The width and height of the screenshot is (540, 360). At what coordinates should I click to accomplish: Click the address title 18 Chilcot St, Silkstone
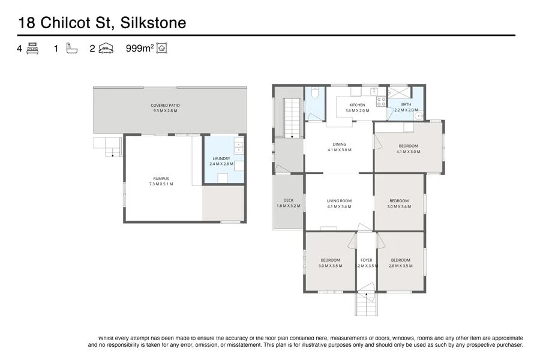pyautogui.click(x=102, y=23)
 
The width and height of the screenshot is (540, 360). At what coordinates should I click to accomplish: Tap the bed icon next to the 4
pyautogui.click(x=32, y=49)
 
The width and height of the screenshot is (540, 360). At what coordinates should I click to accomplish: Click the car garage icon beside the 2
pyautogui.click(x=106, y=49)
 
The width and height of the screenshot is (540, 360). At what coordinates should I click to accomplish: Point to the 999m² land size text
pyautogui.click(x=140, y=49)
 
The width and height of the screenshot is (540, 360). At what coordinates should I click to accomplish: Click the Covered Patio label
pyautogui.click(x=165, y=106)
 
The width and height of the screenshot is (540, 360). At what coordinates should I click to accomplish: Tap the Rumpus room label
pyautogui.click(x=161, y=178)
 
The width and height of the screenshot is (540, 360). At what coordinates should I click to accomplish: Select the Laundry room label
pyautogui.click(x=221, y=158)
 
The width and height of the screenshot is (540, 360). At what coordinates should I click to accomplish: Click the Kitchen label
pyautogui.click(x=357, y=105)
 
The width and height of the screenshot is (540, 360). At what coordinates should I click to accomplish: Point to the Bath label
pyautogui.click(x=406, y=105)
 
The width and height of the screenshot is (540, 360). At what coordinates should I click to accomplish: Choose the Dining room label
pyautogui.click(x=340, y=144)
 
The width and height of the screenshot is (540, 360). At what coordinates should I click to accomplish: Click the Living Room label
pyautogui.click(x=339, y=201)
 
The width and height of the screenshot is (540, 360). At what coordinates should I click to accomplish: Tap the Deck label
pyautogui.click(x=288, y=200)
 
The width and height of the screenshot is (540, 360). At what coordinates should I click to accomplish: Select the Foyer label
pyautogui.click(x=366, y=260)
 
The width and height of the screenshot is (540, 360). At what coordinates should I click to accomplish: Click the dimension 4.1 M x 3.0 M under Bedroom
pyautogui.click(x=408, y=151)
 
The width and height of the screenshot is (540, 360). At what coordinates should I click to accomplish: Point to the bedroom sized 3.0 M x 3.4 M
pyautogui.click(x=399, y=204)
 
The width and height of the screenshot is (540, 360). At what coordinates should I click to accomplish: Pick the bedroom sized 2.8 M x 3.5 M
pyautogui.click(x=400, y=263)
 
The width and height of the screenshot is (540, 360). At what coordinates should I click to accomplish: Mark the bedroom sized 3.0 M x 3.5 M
pyautogui.click(x=330, y=263)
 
